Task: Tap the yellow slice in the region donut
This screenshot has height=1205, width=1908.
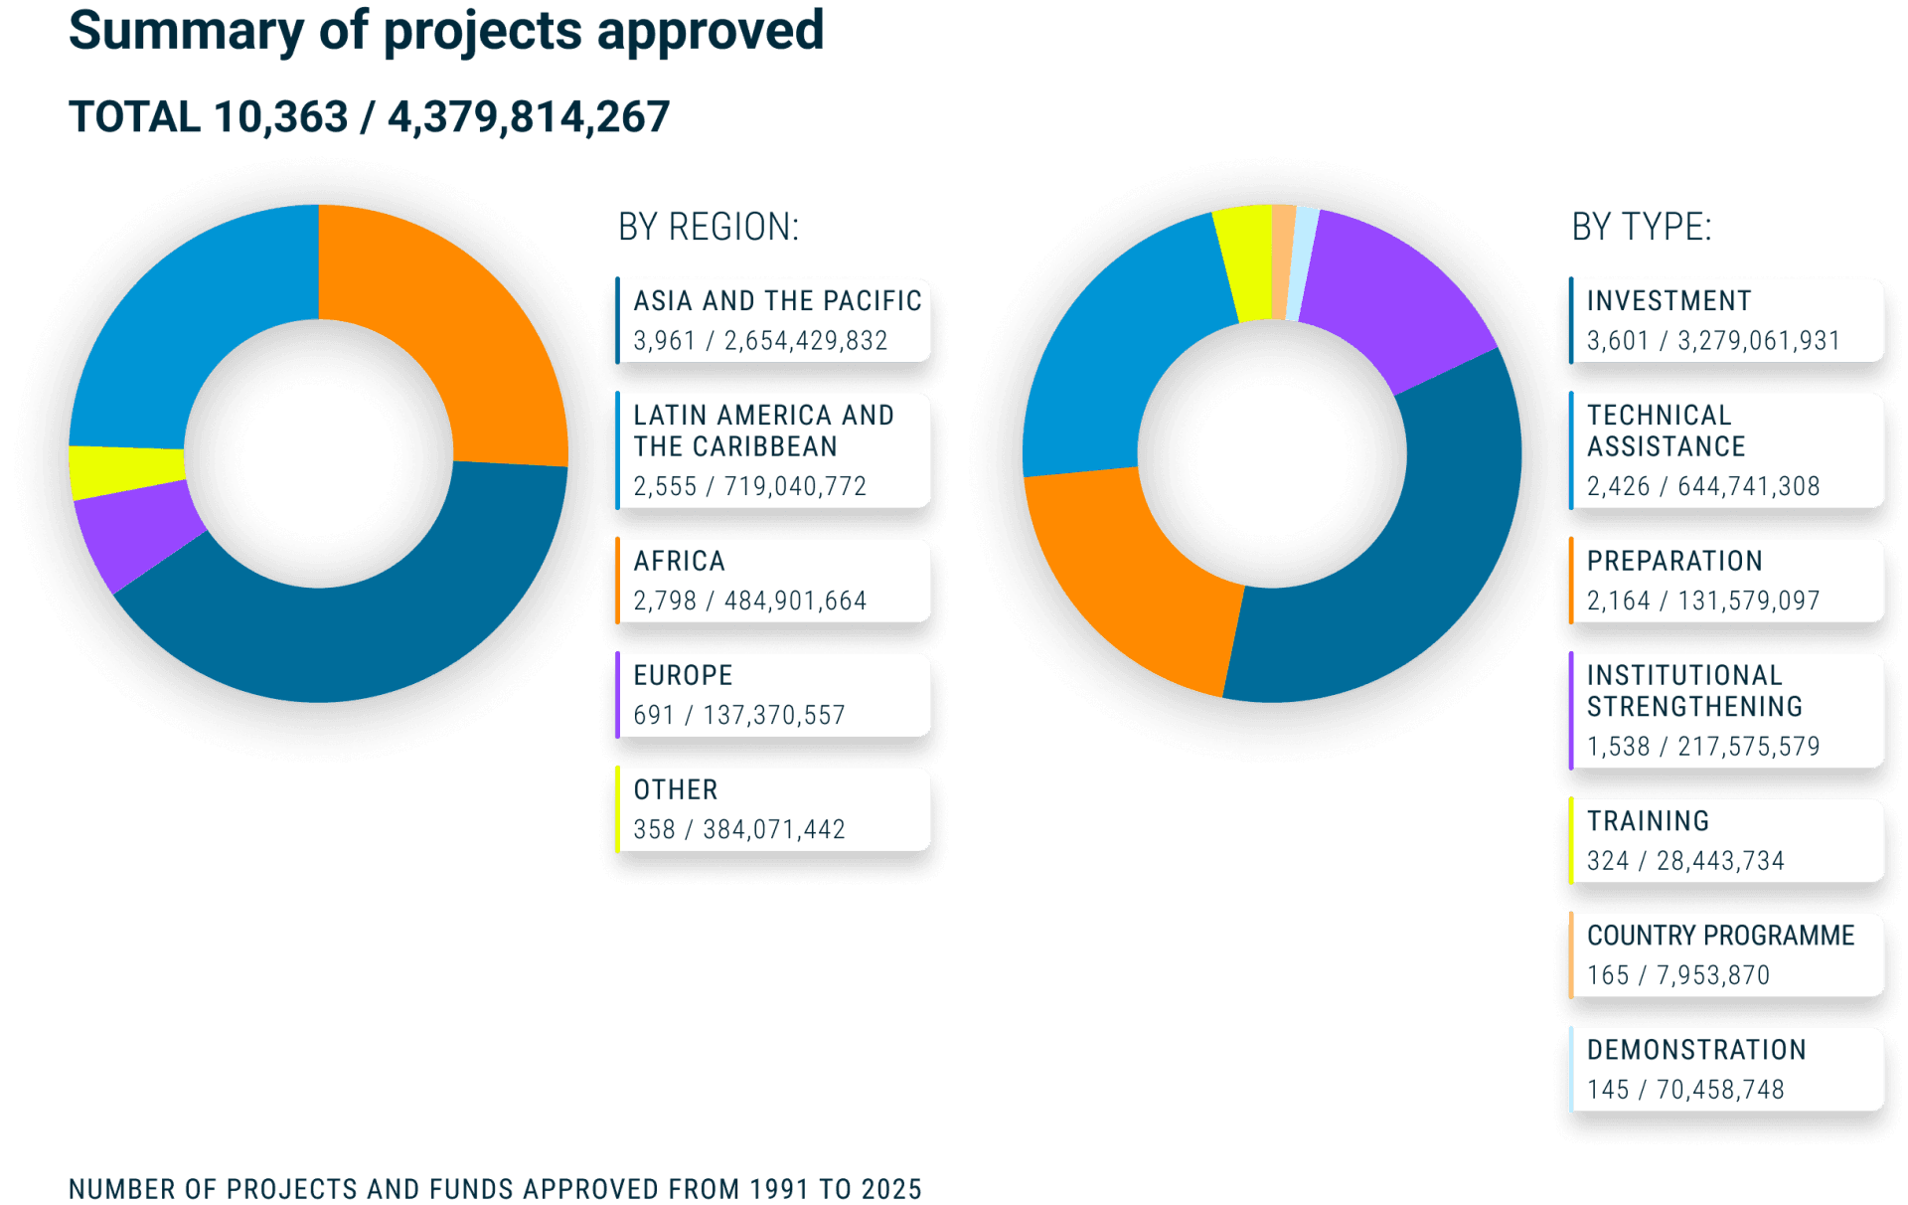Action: (124, 470)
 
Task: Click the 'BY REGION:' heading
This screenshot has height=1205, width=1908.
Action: (708, 228)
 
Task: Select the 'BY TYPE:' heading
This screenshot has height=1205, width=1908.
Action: (1641, 228)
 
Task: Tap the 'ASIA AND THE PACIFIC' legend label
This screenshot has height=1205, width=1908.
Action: (777, 301)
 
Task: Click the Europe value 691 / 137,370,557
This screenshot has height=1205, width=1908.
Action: (739, 716)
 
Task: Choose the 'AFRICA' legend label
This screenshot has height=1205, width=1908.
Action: (679, 562)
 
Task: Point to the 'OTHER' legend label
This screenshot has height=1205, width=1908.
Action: (675, 790)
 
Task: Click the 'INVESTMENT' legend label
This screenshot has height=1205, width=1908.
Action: (1669, 301)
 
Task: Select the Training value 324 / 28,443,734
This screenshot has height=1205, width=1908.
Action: (1685, 861)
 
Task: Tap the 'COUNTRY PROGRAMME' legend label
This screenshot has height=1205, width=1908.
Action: (1720, 937)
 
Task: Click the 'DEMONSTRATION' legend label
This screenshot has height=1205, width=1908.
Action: (1696, 1051)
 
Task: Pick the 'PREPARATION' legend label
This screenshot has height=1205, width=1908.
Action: (1674, 562)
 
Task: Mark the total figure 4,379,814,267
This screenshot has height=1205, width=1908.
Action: (528, 117)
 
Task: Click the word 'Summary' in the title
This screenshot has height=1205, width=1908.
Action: (186, 31)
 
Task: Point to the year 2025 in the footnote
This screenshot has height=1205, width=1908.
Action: (890, 1189)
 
